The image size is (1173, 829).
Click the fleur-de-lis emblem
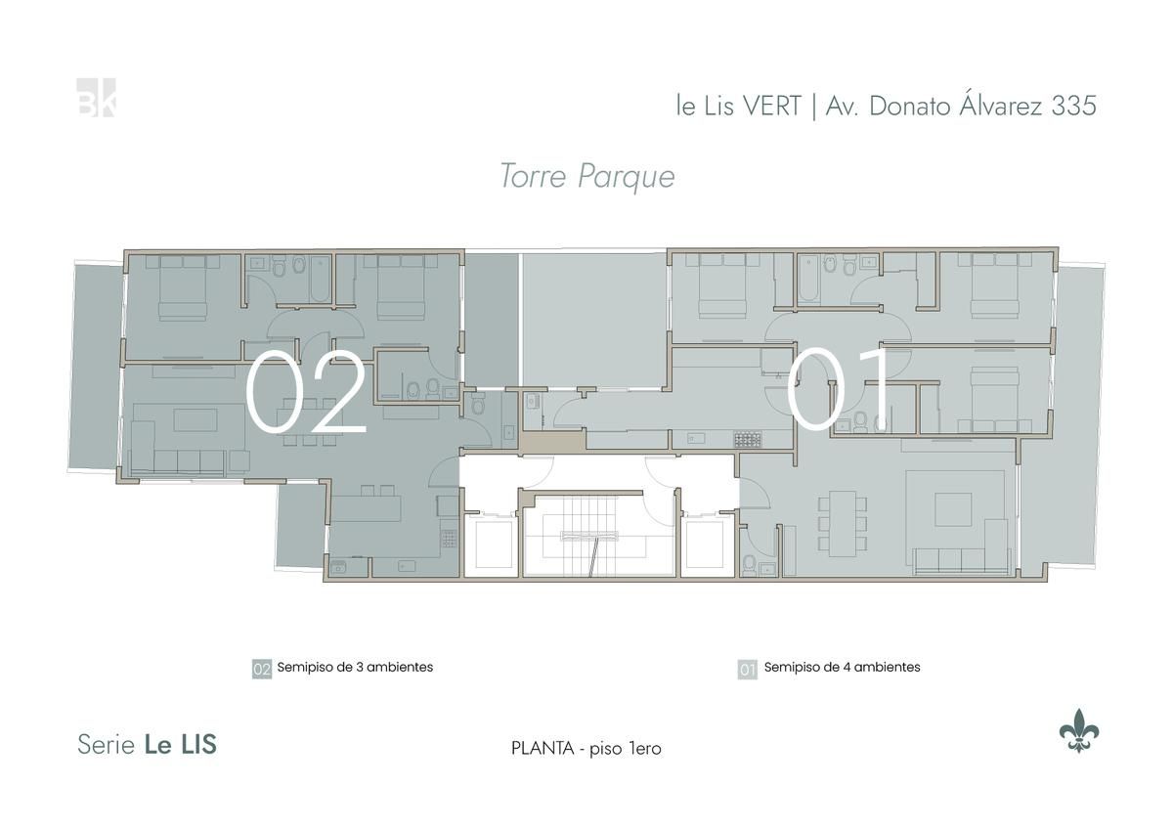[1079, 730]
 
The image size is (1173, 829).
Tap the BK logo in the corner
[96, 98]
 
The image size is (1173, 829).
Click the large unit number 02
[305, 391]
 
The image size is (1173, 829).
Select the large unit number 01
[838, 390]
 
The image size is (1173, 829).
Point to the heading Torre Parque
[587, 177]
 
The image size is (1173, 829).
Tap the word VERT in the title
[773, 107]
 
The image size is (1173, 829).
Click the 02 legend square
[262, 669]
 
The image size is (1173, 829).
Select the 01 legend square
[747, 669]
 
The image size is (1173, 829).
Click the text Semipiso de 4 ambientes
[842, 667]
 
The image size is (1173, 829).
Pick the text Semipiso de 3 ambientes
[355, 667]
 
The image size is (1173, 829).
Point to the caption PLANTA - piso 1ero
[586, 749]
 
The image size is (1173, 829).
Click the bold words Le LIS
[180, 745]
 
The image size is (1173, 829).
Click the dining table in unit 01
[842, 524]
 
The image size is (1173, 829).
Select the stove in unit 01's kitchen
[747, 439]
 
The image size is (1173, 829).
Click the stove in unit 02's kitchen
[449, 539]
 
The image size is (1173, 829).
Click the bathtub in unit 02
[320, 279]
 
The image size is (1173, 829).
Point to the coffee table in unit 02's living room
[195, 420]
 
